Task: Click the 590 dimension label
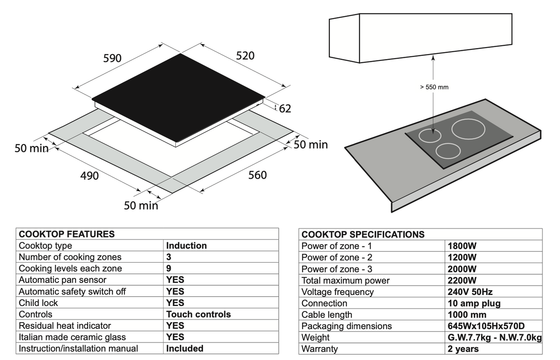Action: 112,58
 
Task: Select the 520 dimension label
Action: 245,55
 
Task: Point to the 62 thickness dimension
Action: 285,108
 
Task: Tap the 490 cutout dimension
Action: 89,176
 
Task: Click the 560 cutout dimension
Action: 257,175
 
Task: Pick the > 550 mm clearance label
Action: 434,87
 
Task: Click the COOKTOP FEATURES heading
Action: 66,234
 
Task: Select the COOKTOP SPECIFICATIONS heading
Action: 363,234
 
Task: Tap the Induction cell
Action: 186,246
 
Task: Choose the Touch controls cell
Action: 198,314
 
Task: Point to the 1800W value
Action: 462,246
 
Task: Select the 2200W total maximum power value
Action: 462,280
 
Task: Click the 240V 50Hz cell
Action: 470,292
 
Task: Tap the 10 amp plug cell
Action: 474,303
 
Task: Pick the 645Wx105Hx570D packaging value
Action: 486,326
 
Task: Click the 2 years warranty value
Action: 463,349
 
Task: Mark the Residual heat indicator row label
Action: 65,326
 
